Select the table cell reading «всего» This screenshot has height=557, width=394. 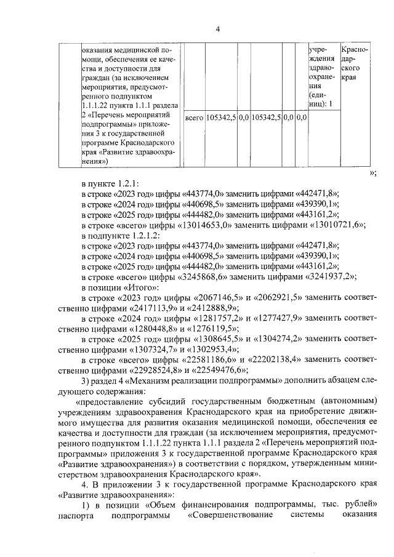coord(195,116)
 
